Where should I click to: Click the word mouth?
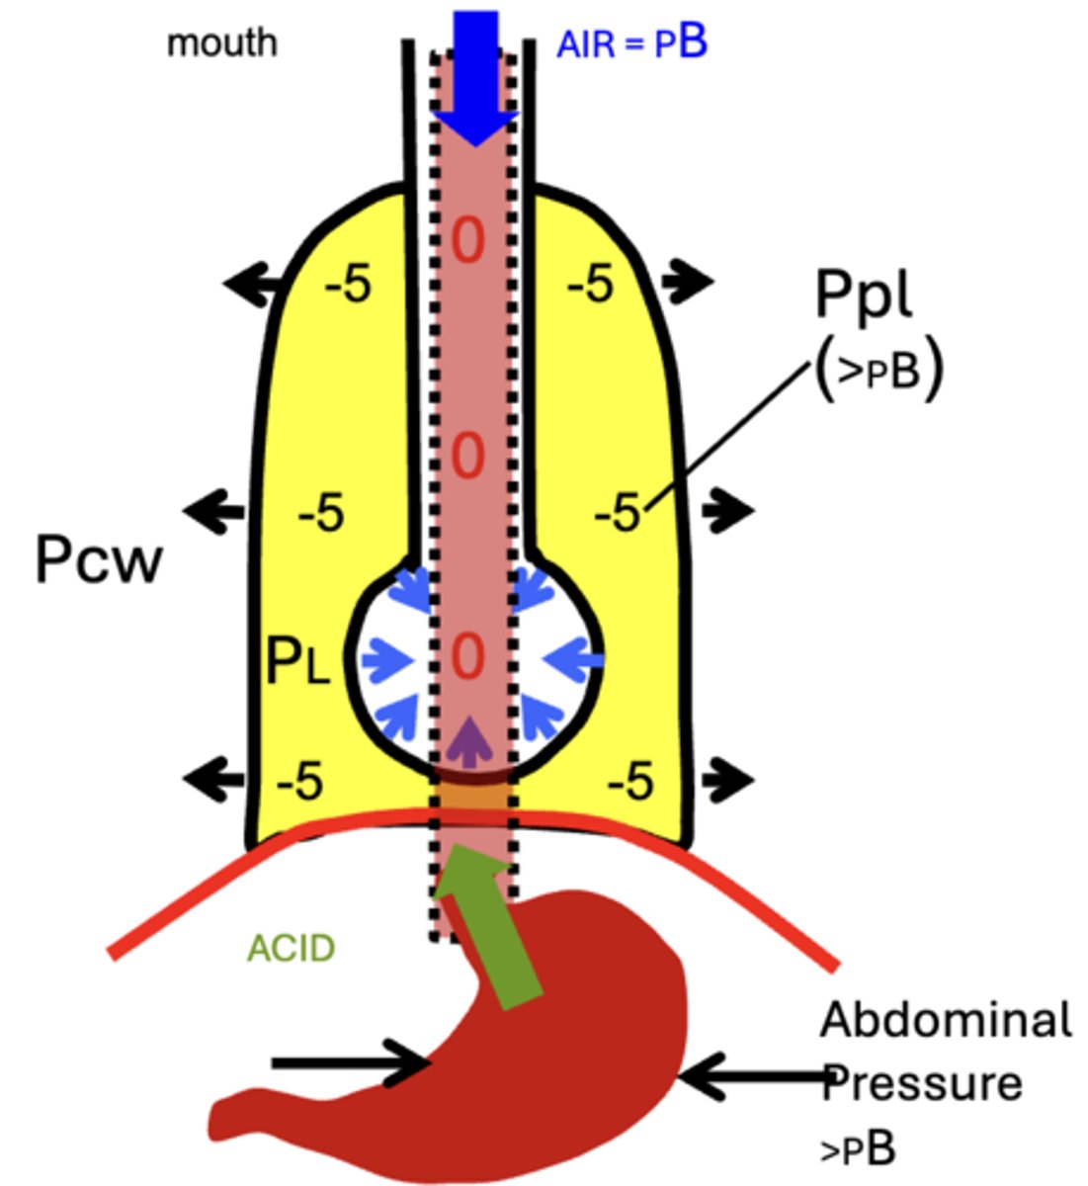pyautogui.click(x=221, y=43)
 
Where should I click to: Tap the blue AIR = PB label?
pyautogui.click(x=631, y=43)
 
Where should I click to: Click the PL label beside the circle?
pyautogui.click(x=298, y=660)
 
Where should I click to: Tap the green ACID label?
pyautogui.click(x=292, y=949)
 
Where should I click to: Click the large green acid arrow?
pyautogui.click(x=489, y=929)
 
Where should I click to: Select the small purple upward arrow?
pyautogui.click(x=471, y=738)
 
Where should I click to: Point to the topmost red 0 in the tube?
pyautogui.click(x=468, y=240)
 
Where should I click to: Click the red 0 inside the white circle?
pyautogui.click(x=468, y=657)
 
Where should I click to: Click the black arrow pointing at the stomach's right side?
pyautogui.click(x=751, y=1074)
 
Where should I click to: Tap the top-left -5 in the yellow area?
pyautogui.click(x=348, y=285)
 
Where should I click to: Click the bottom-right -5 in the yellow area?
pyautogui.click(x=629, y=783)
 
